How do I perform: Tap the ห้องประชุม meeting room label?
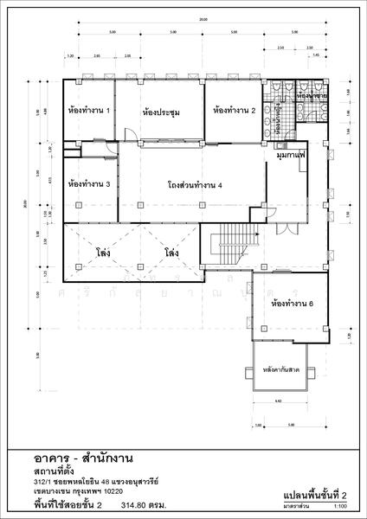(x=160, y=112)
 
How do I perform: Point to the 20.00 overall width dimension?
(x=203, y=20)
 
